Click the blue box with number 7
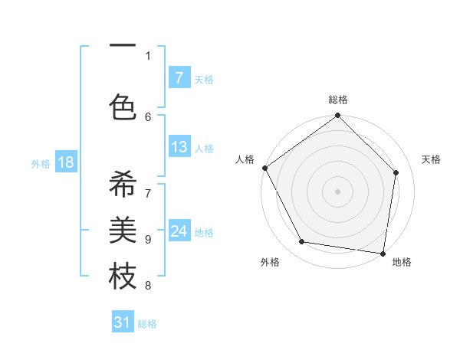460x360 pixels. (x=179, y=77)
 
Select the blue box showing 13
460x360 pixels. (x=179, y=147)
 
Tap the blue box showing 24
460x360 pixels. (x=179, y=231)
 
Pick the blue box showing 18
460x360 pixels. (x=65, y=162)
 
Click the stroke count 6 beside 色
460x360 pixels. (x=148, y=116)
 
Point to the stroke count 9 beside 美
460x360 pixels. (x=148, y=239)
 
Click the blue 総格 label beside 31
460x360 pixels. (x=147, y=324)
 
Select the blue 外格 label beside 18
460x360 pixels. (x=41, y=163)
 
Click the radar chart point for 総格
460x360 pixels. (x=337, y=116)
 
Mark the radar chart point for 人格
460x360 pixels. (x=264, y=168)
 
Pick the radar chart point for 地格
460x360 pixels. (x=383, y=253)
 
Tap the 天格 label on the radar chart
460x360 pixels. (x=432, y=159)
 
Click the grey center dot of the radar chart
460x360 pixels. (x=337, y=191)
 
